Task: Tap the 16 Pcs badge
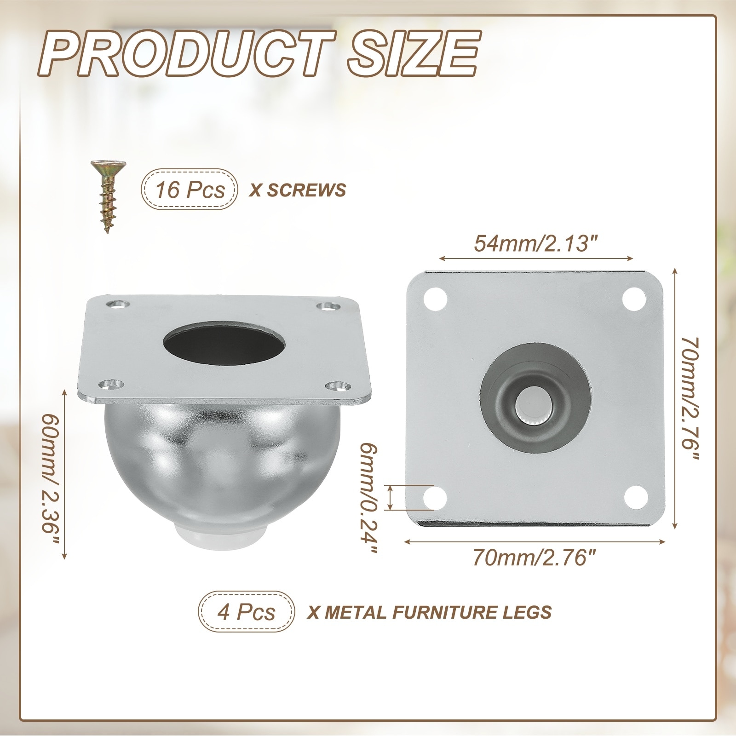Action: click(x=190, y=190)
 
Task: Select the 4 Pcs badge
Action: click(x=246, y=611)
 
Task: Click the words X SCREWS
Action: click(x=297, y=190)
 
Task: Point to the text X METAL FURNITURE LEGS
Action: click(x=429, y=612)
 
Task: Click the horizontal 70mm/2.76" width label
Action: click(x=536, y=559)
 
